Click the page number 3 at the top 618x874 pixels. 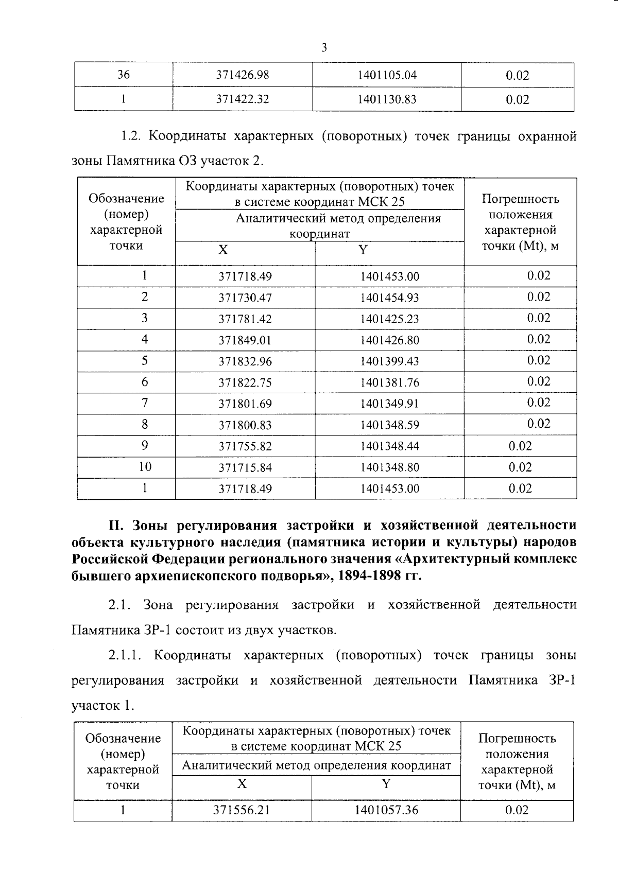point(324,48)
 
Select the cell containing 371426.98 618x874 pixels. point(242,75)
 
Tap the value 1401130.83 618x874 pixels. point(387,99)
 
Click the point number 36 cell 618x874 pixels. point(123,75)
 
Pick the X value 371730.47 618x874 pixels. point(245,298)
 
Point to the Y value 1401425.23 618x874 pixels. point(389,319)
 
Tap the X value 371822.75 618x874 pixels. point(245,383)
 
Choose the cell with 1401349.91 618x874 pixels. point(389,404)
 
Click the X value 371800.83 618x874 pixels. point(245,425)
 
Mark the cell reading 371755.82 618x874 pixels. point(245,446)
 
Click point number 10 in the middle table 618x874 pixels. point(145,467)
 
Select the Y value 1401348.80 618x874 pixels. point(389,467)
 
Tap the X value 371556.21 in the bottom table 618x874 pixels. point(242,810)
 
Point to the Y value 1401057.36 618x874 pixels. point(386,810)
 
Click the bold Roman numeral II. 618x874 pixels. point(114,526)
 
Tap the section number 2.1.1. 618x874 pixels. point(126,656)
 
